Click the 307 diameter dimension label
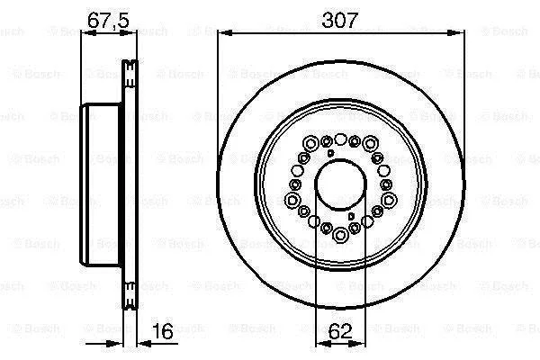(339, 21)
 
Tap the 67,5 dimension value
(108, 21)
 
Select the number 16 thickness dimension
(163, 331)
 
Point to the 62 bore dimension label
(340, 331)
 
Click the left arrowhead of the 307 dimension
(226, 32)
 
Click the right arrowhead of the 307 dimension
(455, 32)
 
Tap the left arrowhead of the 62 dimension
(323, 343)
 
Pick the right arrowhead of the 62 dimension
(356, 343)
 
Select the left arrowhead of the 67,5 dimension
(88, 33)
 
